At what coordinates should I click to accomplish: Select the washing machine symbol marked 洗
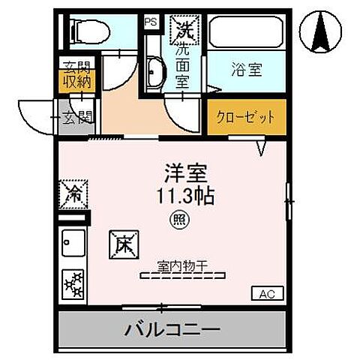(x=184, y=30)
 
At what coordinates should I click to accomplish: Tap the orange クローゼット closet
(x=245, y=118)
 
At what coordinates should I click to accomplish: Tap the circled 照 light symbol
(x=180, y=220)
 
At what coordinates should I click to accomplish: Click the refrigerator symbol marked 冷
(x=74, y=193)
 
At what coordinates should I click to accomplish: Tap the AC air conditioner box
(x=268, y=293)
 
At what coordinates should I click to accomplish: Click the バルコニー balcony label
(x=172, y=328)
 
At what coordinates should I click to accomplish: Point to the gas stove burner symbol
(x=74, y=283)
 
